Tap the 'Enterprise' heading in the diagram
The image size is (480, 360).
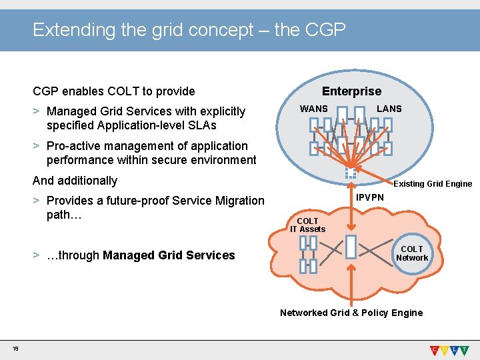coord(351,91)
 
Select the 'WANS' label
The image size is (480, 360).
coord(314,109)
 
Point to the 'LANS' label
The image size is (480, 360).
coord(389,109)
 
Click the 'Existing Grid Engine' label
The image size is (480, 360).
coord(433,184)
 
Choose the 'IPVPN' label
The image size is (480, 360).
coord(370,198)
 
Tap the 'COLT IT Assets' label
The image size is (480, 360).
coord(307,225)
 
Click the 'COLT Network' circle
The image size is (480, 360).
coord(412,253)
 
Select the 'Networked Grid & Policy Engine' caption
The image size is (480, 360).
coord(351,313)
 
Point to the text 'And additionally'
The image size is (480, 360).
coord(75,181)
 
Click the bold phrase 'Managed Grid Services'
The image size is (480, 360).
coord(169,255)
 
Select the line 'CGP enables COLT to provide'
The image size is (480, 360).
coord(114,91)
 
